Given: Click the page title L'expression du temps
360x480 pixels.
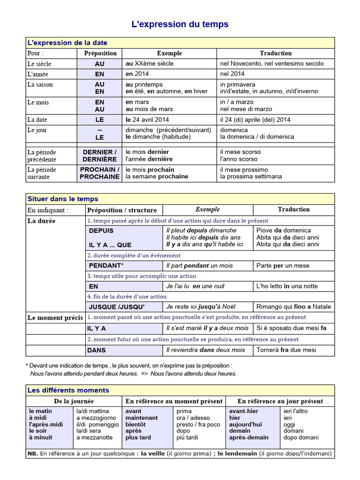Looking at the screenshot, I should pyautogui.click(x=180, y=24).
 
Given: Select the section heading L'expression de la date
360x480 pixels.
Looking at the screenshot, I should pyautogui.click(x=67, y=43).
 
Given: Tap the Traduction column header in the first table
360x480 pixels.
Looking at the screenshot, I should pyautogui.click(x=276, y=53).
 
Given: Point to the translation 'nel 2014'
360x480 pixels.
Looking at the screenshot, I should pyautogui.click(x=232, y=74).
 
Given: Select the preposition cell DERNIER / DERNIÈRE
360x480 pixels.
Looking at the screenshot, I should pyautogui.click(x=99, y=156).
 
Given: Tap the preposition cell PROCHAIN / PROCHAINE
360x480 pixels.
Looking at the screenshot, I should pyautogui.click(x=99, y=173).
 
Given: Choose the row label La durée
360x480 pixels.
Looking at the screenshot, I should pyautogui.click(x=41, y=221).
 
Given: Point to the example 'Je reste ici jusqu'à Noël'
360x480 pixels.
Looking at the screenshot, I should pyautogui.click(x=199, y=307).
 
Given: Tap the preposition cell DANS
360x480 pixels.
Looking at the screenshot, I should pyautogui.click(x=97, y=350).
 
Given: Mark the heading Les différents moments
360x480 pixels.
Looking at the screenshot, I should pyautogui.click(x=68, y=390).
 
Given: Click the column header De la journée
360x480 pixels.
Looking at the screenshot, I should pyautogui.click(x=74, y=401).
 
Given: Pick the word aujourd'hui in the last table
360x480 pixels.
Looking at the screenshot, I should pyautogui.click(x=245, y=424).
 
